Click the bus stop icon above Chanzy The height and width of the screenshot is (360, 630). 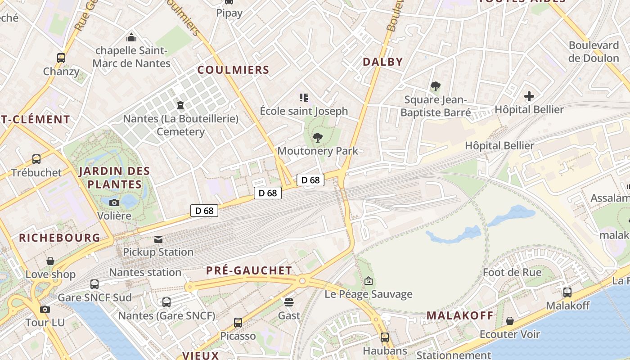[x=61, y=58]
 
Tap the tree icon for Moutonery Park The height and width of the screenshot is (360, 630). [x=318, y=138]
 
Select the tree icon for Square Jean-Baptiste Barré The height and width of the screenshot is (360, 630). [x=435, y=86]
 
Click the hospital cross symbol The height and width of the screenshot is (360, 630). [x=529, y=96]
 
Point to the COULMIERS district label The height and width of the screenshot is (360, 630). [x=233, y=70]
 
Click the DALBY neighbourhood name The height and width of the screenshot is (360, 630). [x=382, y=62]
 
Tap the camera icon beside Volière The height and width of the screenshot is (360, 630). [x=114, y=202]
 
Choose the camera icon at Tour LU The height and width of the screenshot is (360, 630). [x=45, y=309]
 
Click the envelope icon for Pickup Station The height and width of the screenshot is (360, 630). [x=158, y=239]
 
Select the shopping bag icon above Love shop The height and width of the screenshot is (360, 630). [x=50, y=261]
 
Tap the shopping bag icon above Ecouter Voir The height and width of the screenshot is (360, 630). [x=510, y=321]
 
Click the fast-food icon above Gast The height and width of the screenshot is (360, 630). [x=289, y=302]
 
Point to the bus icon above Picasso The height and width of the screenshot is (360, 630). [x=238, y=323]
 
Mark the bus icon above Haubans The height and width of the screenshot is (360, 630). [x=385, y=337]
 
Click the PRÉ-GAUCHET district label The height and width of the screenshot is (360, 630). [x=249, y=270]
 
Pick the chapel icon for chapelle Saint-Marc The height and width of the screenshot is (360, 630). [x=131, y=37]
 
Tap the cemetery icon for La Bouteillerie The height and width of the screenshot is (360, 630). [x=180, y=105]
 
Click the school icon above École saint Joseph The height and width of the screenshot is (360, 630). [x=304, y=97]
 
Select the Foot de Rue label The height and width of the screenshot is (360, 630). [x=512, y=272]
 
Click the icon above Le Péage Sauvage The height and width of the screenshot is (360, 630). [x=369, y=281]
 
